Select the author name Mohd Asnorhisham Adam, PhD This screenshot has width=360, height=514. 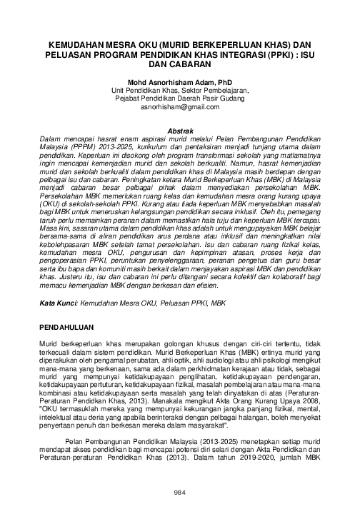[180, 83]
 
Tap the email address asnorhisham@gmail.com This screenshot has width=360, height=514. [180, 106]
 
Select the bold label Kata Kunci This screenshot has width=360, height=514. [58, 303]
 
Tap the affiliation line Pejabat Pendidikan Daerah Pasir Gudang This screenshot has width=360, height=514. [180, 99]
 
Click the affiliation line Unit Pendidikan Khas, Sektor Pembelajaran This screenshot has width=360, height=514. [180, 91]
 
